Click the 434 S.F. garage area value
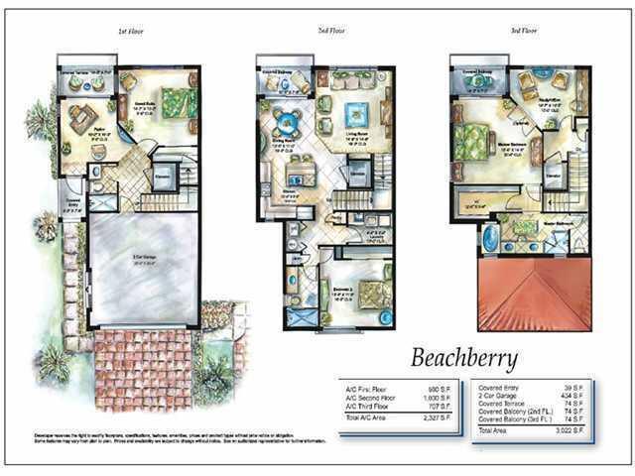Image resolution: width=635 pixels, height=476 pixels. [587, 394]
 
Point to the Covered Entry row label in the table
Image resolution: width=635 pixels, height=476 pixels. [499, 386]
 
